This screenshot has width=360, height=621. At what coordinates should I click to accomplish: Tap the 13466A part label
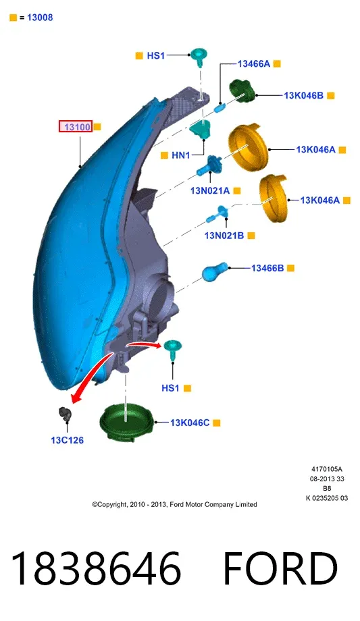click(x=254, y=63)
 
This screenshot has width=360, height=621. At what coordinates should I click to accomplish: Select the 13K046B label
click(x=303, y=95)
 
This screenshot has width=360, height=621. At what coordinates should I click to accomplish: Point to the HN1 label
click(x=181, y=155)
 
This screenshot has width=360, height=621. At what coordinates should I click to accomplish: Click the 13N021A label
click(x=210, y=190)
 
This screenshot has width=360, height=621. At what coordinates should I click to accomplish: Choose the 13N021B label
click(x=224, y=236)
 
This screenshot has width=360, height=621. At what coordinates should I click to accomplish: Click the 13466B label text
click(x=267, y=268)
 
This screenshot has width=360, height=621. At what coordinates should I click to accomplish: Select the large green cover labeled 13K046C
click(x=127, y=423)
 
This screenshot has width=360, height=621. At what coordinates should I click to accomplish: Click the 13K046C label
click(x=190, y=423)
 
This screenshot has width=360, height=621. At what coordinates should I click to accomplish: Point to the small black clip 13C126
click(x=64, y=414)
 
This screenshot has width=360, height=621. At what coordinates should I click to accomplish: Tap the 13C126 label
click(x=68, y=440)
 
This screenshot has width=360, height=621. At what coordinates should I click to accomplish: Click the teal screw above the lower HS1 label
click(x=173, y=350)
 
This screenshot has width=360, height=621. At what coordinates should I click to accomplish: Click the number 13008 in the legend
click(x=40, y=18)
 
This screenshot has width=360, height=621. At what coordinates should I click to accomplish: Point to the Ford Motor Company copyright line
click(x=174, y=504)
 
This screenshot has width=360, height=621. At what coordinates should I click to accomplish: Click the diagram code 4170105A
click(x=327, y=469)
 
